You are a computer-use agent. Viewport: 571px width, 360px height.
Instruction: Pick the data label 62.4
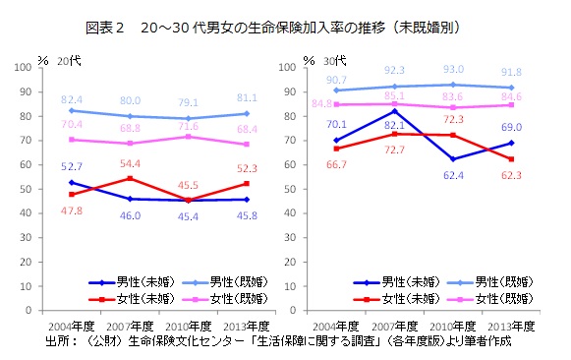[453, 175]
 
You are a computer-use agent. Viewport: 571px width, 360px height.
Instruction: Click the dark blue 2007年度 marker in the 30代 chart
[395, 110]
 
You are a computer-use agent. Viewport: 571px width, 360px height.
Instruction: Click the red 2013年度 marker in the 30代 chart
[511, 158]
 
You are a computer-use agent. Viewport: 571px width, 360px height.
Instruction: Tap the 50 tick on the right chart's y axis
[288, 189]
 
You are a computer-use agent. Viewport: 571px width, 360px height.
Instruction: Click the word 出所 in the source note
[58, 341]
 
